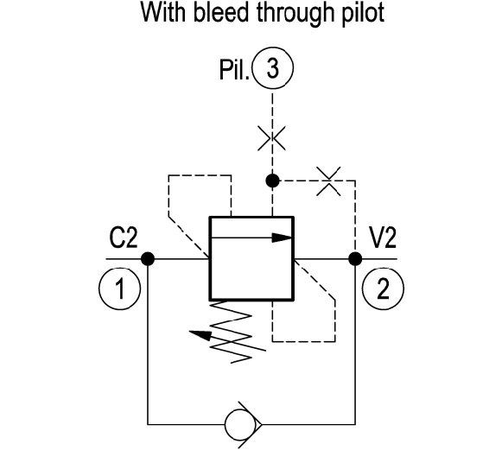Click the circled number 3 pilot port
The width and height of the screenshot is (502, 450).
tap(272, 68)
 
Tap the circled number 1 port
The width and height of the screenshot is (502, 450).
tap(119, 288)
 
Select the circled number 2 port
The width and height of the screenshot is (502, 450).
tap(383, 288)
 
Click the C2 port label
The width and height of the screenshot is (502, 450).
tap(124, 238)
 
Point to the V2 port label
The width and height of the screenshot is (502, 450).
tap(383, 238)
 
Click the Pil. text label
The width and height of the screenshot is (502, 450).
tap(234, 70)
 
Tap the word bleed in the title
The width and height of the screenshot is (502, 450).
tap(221, 13)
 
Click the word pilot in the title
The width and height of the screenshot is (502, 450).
tap(364, 15)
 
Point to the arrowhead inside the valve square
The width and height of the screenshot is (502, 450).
tap(282, 238)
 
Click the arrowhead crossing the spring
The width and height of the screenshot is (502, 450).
tap(200, 334)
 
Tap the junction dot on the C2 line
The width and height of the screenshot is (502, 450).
tap(148, 258)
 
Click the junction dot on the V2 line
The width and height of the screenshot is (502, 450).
tap(355, 258)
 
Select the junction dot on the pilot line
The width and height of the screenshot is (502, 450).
tap(272, 181)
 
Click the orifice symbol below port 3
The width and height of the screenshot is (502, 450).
tap(272, 138)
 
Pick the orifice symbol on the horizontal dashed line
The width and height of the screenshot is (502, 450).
tap(328, 181)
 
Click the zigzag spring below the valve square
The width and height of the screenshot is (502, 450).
tap(232, 332)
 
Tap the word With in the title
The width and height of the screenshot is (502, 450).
tap(163, 13)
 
